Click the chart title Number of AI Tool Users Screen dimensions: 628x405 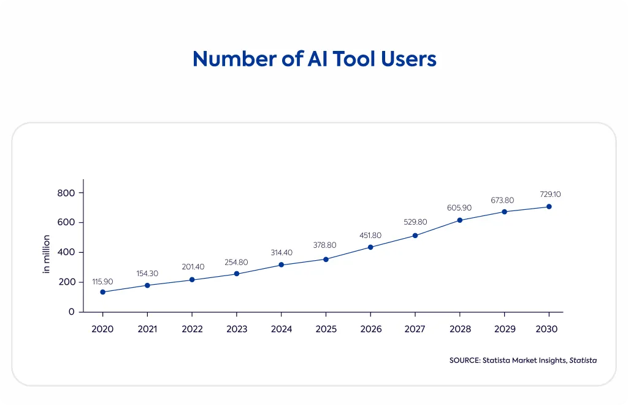point(315,59)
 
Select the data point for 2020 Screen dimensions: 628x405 point(103,292)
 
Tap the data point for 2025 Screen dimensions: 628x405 point(326,260)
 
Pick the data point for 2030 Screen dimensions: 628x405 point(549,207)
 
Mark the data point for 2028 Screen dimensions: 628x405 point(460,220)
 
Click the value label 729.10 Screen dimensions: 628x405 point(550,195)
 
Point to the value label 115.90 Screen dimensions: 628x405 point(102,282)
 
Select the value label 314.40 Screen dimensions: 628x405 point(281,253)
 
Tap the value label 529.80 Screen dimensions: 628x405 point(415,222)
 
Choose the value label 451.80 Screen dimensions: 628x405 point(370,236)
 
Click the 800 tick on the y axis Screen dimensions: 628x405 point(66,193)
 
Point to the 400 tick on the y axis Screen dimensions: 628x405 point(66,252)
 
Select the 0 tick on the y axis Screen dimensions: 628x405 point(72,312)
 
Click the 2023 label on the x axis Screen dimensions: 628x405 point(237,330)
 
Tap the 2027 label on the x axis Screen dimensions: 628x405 point(415,330)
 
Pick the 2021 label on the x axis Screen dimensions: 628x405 point(147,330)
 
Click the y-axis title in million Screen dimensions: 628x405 point(47,255)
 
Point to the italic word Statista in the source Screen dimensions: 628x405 point(583,360)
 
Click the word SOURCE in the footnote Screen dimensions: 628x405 point(465,360)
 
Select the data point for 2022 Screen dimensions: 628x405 point(192,280)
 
